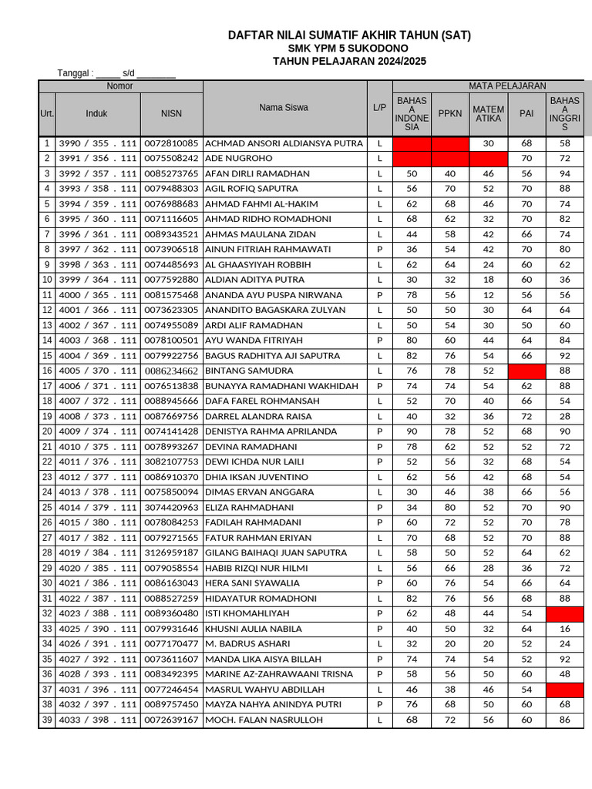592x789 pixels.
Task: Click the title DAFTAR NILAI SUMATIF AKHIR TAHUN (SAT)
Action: point(349,35)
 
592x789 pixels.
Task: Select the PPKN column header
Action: point(450,113)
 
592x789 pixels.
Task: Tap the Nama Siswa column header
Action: point(283,108)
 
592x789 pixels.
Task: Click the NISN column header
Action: point(171,113)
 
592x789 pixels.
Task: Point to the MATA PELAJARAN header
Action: point(507,86)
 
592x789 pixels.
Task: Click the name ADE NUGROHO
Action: point(239,159)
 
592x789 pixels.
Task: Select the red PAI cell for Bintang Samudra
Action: point(526,371)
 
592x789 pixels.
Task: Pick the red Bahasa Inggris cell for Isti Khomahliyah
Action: point(565,614)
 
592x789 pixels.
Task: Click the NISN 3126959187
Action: point(171,553)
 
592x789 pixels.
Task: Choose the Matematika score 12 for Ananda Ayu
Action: point(488,295)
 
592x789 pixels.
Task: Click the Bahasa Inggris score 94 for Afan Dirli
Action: point(565,174)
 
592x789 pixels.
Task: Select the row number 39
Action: point(46,720)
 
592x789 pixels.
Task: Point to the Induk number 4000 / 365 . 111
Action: point(97,295)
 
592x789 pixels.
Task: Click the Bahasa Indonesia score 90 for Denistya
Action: point(412,432)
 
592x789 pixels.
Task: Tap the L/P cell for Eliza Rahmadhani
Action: point(379,508)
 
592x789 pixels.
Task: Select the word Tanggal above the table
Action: point(75,74)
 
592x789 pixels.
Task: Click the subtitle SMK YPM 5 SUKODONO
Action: point(349,49)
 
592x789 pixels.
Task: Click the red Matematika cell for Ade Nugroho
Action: point(488,159)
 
